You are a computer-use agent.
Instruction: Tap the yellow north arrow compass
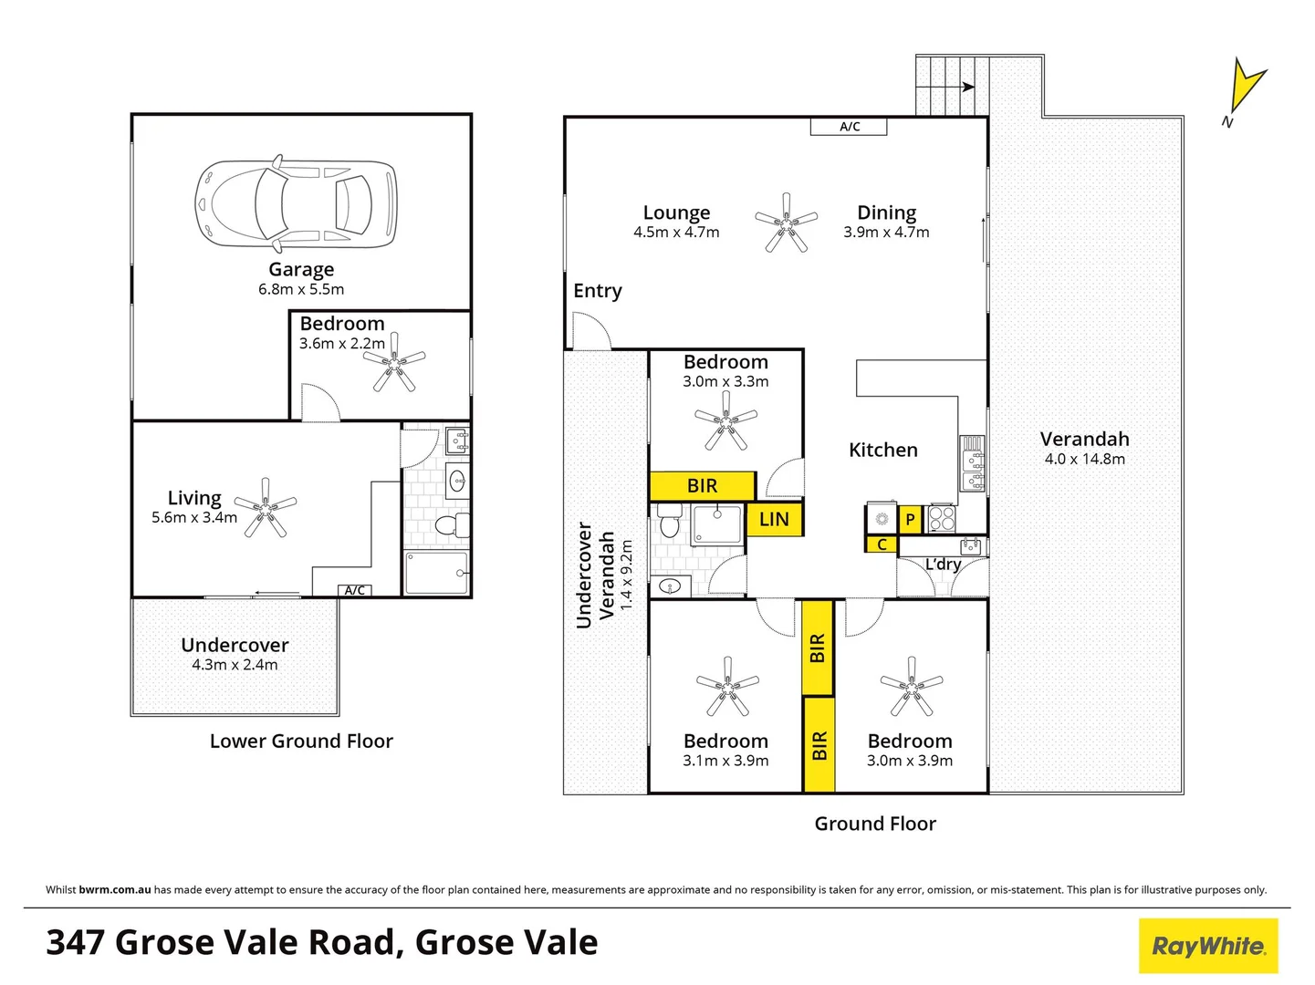click(x=1246, y=88)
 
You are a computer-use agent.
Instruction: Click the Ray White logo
click(x=1208, y=946)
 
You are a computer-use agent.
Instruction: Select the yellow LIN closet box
click(x=774, y=519)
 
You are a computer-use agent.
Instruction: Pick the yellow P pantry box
click(x=910, y=520)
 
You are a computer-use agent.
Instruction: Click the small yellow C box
click(x=882, y=544)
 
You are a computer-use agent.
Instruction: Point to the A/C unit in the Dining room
click(x=849, y=127)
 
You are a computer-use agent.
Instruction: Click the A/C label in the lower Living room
click(x=355, y=590)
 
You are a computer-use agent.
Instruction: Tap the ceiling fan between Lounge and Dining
click(x=786, y=222)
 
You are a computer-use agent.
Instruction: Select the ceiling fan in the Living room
click(x=266, y=507)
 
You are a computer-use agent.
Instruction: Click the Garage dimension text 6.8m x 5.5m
click(x=301, y=289)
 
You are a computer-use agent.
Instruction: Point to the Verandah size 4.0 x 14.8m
click(x=1084, y=459)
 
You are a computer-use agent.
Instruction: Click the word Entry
click(x=598, y=291)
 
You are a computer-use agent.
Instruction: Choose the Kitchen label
click(x=882, y=450)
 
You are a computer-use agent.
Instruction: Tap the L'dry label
click(x=943, y=565)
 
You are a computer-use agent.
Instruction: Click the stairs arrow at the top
click(x=967, y=88)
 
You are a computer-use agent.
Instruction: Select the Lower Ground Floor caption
click(x=301, y=741)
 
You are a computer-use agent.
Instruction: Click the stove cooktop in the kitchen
click(x=941, y=518)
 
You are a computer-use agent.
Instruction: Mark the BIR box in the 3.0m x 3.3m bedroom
click(x=702, y=486)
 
